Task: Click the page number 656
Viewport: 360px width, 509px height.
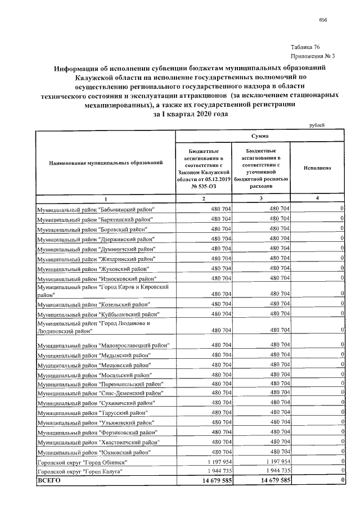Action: [x=323, y=19]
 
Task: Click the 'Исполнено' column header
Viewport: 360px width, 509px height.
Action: [x=317, y=168]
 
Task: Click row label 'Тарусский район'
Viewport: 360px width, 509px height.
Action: [x=92, y=412]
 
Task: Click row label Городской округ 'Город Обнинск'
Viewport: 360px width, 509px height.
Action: [x=82, y=461]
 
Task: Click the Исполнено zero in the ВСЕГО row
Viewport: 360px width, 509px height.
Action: [x=342, y=480]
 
